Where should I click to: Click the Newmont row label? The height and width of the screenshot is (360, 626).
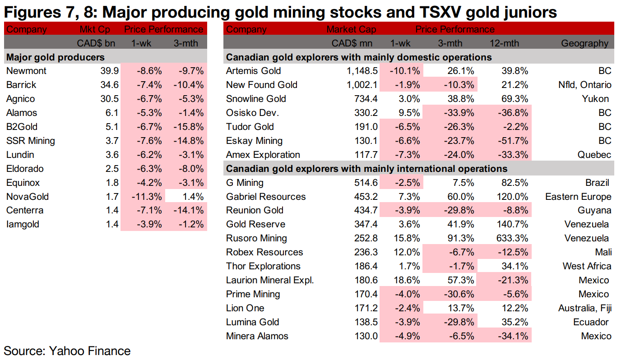point(26,71)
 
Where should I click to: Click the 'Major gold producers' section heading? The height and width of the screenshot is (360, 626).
point(55,57)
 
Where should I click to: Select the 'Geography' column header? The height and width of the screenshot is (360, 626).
point(584,44)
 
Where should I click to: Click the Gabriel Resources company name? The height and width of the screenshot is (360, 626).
point(266,197)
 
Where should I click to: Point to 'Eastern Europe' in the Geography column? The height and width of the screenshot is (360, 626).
point(578,197)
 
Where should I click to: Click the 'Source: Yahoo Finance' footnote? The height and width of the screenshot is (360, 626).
point(67,351)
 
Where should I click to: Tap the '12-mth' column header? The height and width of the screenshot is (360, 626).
point(504,44)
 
